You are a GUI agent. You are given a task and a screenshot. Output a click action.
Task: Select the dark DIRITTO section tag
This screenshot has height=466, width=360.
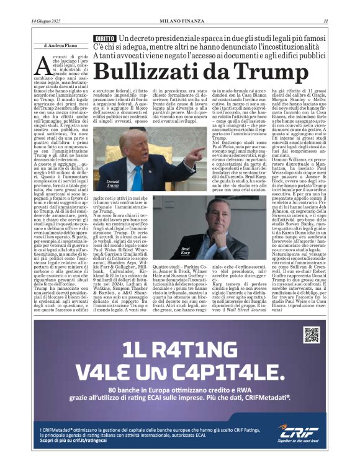pos(105,39)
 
